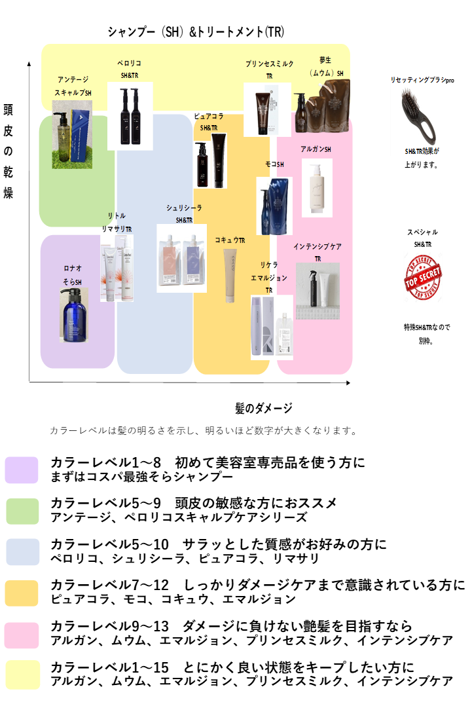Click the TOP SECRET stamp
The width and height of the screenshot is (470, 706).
(423, 277)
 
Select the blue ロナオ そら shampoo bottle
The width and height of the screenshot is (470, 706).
(74, 315)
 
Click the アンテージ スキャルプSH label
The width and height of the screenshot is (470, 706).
(73, 86)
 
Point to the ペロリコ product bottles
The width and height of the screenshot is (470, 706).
(130, 116)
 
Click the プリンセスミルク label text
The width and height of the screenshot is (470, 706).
(269, 64)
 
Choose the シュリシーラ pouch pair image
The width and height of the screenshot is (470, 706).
(181, 258)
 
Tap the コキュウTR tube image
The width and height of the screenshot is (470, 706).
(230, 275)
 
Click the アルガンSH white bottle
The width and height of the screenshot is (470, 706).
(317, 187)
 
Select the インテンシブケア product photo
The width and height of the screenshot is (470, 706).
(317, 291)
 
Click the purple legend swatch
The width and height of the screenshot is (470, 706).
(22, 470)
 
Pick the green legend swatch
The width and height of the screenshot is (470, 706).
(22, 511)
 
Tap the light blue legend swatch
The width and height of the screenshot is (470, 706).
(22, 552)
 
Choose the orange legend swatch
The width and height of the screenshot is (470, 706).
(22, 593)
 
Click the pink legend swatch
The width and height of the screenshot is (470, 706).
(22, 635)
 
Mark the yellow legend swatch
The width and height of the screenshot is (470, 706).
(23, 675)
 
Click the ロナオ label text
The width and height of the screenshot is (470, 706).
(73, 269)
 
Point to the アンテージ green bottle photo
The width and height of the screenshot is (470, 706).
(72, 134)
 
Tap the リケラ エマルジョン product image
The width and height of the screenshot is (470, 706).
(272, 327)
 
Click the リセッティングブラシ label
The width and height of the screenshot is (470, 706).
(418, 80)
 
